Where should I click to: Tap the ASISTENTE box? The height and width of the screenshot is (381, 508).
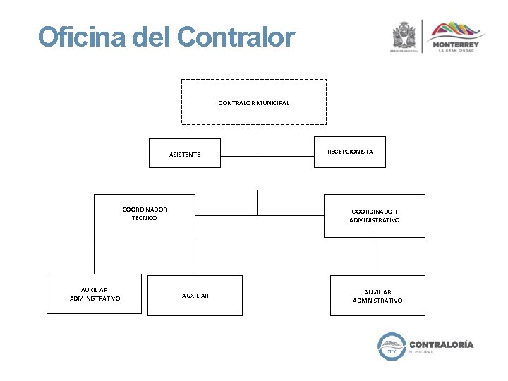184,154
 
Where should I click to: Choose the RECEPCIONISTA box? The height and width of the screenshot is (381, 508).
350,152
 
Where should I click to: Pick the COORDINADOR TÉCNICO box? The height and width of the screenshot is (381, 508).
144,215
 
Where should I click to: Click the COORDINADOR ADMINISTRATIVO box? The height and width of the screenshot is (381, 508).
374,216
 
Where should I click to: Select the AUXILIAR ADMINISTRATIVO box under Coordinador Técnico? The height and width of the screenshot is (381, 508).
95,294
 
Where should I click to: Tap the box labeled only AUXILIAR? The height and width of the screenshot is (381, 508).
195,295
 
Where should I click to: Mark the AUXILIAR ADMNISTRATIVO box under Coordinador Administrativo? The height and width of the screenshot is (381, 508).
377,295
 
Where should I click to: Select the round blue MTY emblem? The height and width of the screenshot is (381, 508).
392,346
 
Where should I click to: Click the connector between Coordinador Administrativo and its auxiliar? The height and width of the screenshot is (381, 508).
377,256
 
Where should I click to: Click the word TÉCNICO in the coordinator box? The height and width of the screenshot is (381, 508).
144,218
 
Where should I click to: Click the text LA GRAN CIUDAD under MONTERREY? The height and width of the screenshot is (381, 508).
458,51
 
